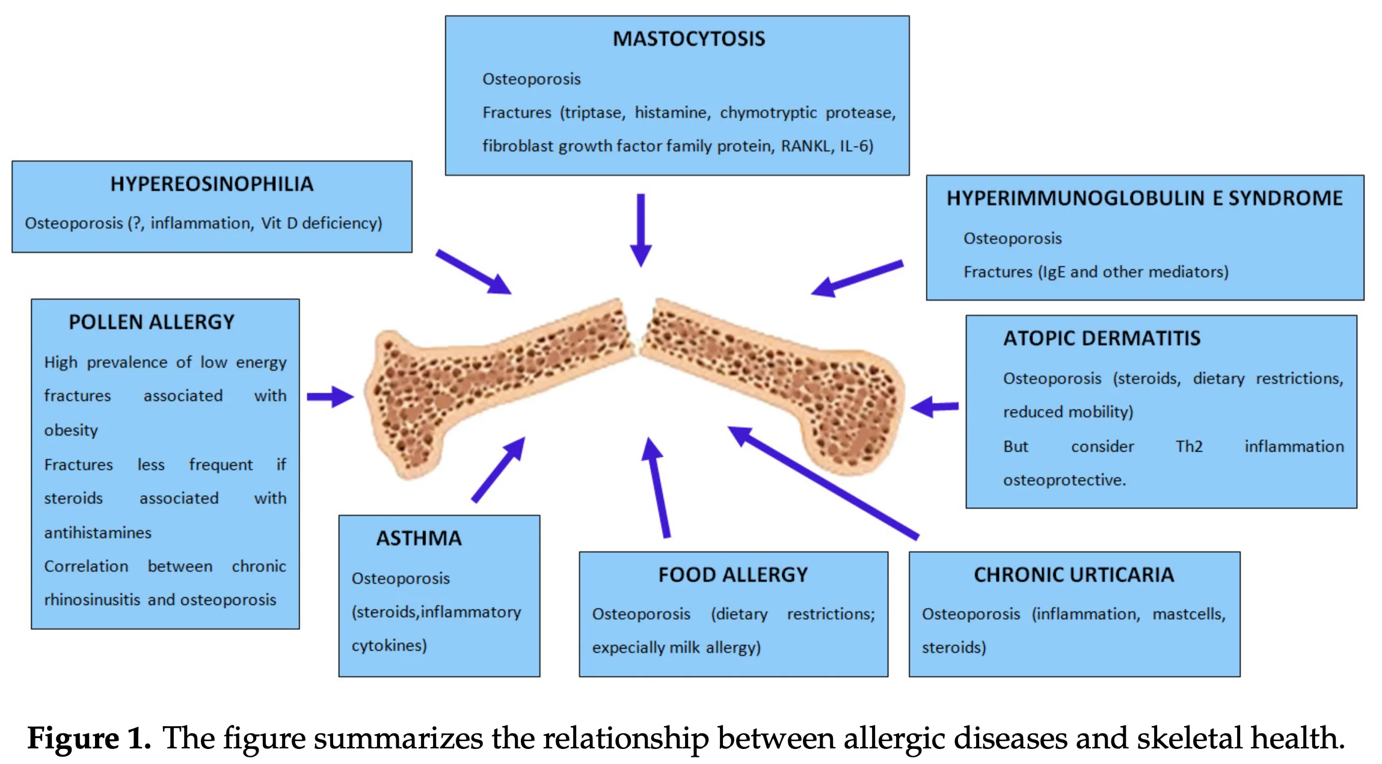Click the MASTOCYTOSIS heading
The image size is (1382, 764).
click(689, 39)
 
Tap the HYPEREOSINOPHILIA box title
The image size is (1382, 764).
click(212, 184)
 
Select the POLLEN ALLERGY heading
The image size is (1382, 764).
click(152, 322)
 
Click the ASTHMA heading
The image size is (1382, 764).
click(419, 538)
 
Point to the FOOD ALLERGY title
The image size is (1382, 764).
click(733, 575)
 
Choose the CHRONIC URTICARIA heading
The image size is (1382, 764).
click(1073, 575)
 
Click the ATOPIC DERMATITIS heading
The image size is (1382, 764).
click(1101, 339)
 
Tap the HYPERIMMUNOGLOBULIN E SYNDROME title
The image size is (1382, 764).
click(1144, 199)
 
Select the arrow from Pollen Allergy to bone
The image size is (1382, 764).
click(330, 396)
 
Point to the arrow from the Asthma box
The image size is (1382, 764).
click(499, 469)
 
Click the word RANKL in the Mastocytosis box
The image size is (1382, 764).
click(805, 146)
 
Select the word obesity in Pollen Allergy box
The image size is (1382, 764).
click(71, 431)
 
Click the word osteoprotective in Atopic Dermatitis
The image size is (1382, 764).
click(1064, 480)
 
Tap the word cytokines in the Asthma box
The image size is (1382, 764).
click(388, 645)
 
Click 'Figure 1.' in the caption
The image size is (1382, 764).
click(89, 738)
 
